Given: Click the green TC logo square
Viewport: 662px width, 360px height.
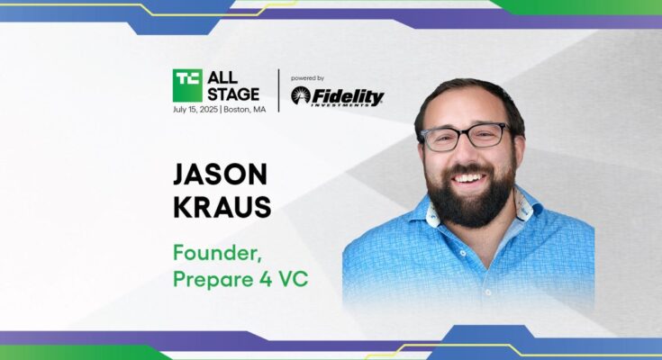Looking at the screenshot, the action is click(x=187, y=85).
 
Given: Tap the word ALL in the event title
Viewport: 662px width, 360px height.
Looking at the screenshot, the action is click(x=222, y=77).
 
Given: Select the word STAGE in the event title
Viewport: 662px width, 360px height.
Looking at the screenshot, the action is click(x=233, y=94).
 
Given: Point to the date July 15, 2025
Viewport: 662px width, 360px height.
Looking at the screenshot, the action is click(x=195, y=110).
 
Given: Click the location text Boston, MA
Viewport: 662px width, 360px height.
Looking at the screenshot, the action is click(x=245, y=110).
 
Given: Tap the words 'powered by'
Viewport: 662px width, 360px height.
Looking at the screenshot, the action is click(x=307, y=78).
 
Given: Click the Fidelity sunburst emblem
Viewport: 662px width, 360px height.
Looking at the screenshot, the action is click(x=301, y=95).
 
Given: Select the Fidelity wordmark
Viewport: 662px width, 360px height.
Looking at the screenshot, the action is click(x=348, y=97).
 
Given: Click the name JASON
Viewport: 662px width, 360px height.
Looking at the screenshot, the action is click(x=220, y=175).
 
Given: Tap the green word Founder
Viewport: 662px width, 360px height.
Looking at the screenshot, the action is click(x=217, y=254).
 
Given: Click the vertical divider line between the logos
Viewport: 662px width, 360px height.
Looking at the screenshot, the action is click(x=278, y=91).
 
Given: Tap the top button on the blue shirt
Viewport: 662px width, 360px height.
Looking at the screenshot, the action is click(x=463, y=254).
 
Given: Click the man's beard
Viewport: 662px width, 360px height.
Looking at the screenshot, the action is click(x=471, y=198).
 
